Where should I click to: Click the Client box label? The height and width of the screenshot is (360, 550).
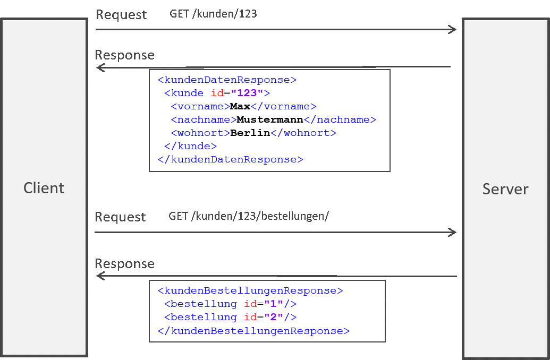point(44,188)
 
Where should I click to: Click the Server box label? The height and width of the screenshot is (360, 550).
point(505,189)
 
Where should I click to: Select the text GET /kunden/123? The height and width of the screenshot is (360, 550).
point(213,14)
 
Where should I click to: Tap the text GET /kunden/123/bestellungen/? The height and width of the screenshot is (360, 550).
point(249,216)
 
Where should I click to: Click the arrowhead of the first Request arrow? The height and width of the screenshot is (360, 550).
point(453,29)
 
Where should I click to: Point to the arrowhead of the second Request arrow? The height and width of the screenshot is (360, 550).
point(452,232)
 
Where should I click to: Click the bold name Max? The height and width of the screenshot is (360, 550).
point(240,107)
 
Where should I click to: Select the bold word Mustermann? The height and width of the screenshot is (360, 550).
point(269,120)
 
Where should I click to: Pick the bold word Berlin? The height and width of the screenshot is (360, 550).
point(250,133)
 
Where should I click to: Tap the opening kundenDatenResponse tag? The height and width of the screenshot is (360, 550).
point(226,80)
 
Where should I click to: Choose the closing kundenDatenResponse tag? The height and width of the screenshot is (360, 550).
point(230,159)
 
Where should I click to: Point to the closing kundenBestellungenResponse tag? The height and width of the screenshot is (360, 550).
point(253,331)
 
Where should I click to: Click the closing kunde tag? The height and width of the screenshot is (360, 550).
point(190,146)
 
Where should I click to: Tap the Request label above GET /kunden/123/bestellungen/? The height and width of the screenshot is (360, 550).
point(120,217)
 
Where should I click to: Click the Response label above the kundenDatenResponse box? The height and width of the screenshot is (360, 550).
point(124,55)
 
